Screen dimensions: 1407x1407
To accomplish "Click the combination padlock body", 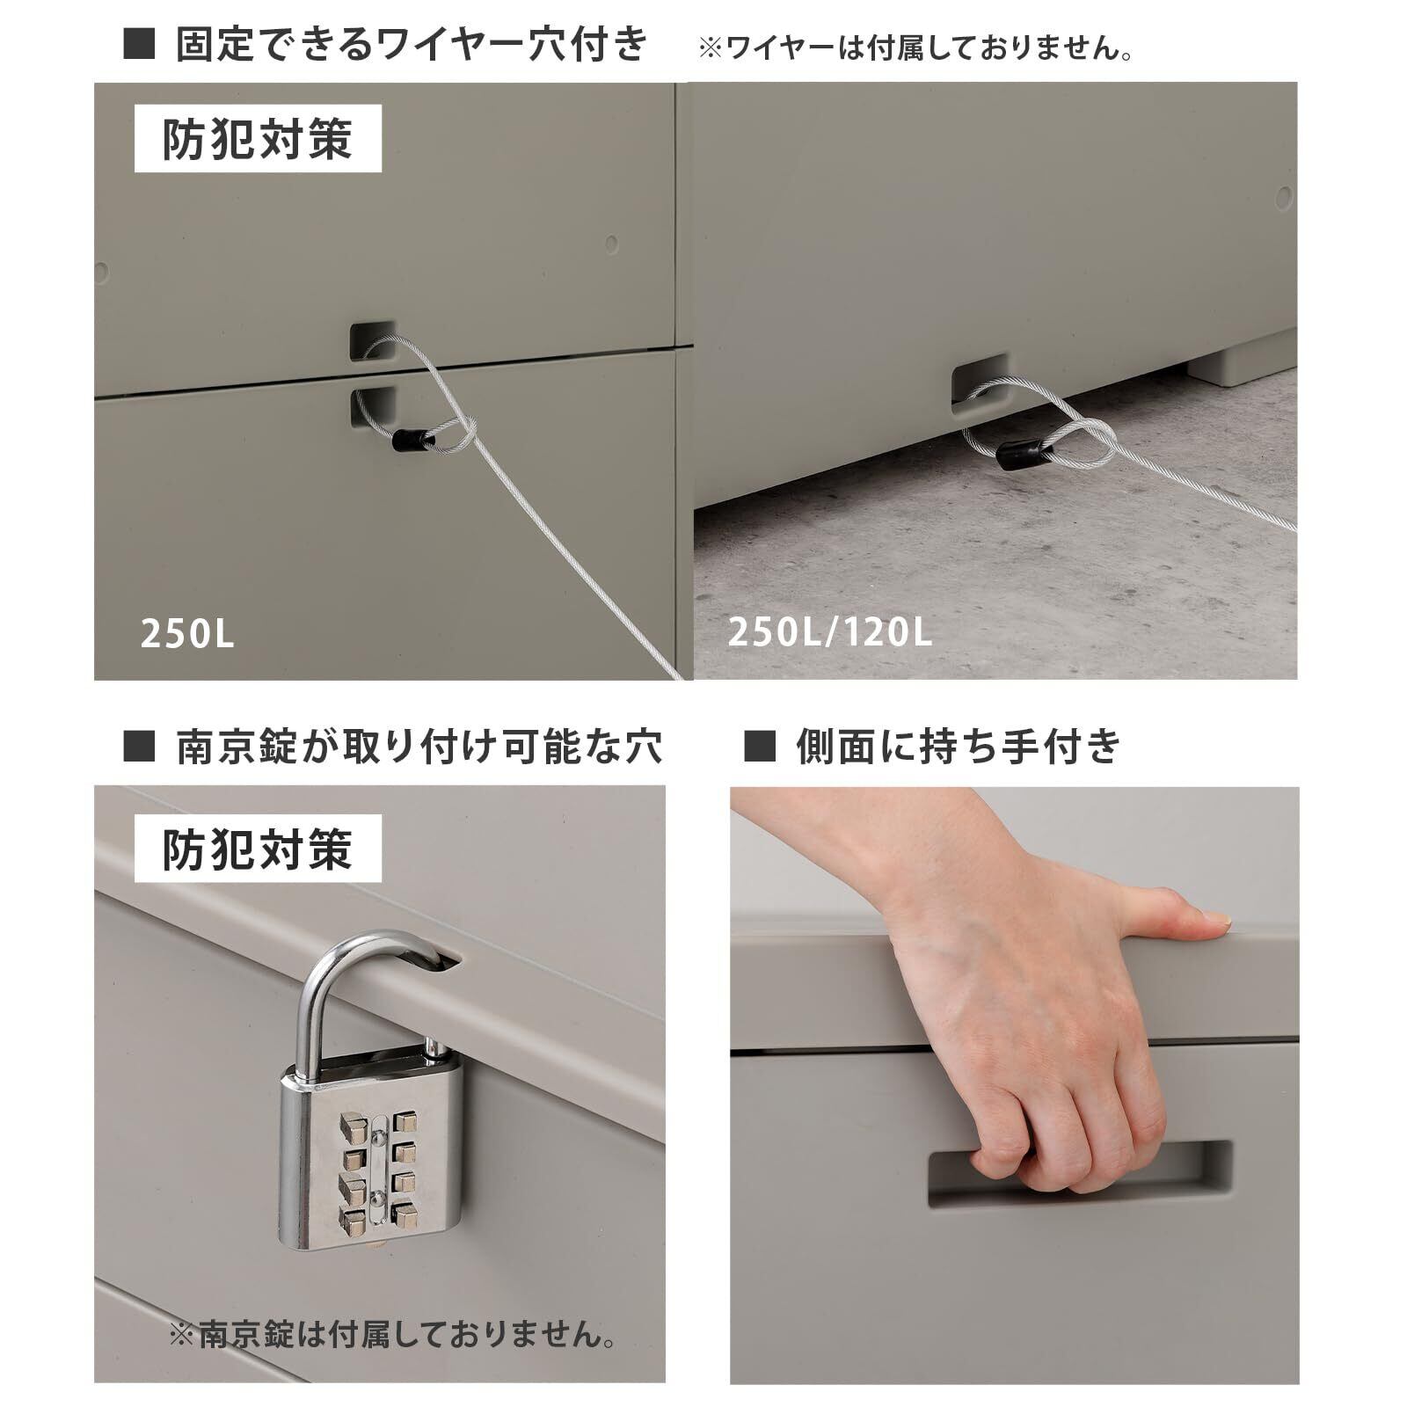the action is pos(372,1156).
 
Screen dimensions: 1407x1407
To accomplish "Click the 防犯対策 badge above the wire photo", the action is pos(258,139).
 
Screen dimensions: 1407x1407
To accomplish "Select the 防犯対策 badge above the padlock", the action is pos(258,849).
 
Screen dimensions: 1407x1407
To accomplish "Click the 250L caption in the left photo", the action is pos(187,634).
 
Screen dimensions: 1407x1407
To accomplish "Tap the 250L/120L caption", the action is pos(829,632).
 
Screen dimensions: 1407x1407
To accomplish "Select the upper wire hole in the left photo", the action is pos(373,340).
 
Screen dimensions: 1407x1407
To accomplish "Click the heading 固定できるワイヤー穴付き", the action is pos(412,44).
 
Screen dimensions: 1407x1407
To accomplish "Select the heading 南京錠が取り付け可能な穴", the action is pos(419,747).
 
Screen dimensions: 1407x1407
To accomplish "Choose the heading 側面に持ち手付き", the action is pos(959,747).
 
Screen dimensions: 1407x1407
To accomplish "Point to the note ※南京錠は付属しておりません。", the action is pos(393,1337).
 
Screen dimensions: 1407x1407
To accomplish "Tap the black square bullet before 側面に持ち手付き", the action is pos(760,747).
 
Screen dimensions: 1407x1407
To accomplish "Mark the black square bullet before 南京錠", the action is pos(140,747).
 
